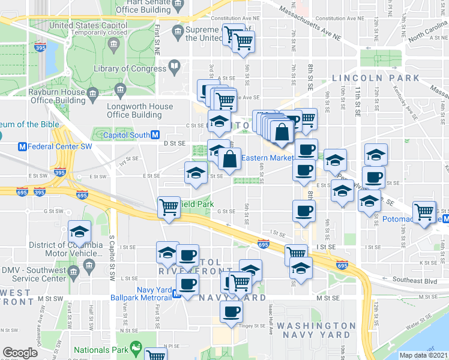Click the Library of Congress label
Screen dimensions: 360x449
(x=130, y=69)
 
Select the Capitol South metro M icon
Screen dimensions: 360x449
(x=155, y=135)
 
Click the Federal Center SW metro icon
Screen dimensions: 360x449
(x=23, y=146)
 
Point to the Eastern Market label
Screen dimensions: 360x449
(x=267, y=158)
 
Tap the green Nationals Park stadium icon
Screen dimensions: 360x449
(x=136, y=347)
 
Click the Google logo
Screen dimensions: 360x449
(x=20, y=353)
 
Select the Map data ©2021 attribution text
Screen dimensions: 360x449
(x=424, y=355)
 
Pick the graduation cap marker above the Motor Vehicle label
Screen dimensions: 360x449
(x=79, y=231)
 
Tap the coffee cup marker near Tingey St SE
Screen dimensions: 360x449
(x=231, y=311)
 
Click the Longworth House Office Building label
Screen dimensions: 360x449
(x=139, y=110)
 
